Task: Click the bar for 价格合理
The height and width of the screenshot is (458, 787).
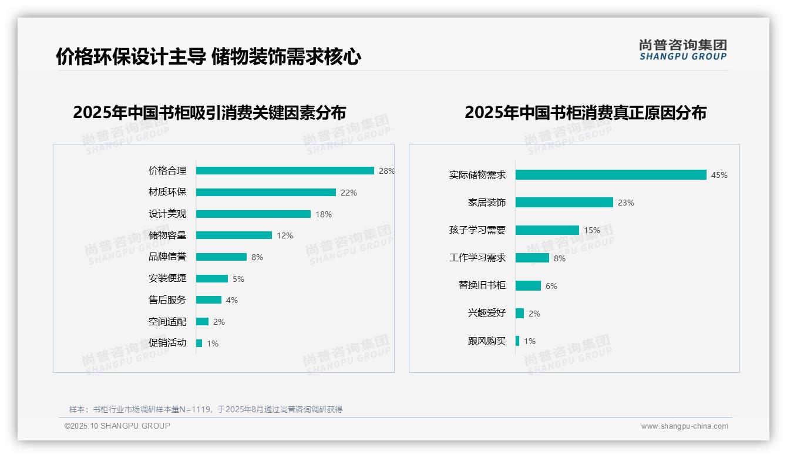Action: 285,171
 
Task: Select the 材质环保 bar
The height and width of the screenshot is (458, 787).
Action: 265,193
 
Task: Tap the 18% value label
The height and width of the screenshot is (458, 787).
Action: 324,214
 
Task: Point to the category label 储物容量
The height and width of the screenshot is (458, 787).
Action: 167,235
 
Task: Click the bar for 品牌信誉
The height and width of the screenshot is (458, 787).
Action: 221,257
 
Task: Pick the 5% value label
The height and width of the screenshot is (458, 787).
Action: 238,279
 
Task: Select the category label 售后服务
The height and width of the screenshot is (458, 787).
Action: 167,300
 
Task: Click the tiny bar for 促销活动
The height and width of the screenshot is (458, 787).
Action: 199,343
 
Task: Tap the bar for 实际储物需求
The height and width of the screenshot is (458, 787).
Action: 611,175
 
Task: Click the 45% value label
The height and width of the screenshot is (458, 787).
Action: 719,175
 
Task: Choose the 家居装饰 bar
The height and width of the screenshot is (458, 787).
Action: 564,203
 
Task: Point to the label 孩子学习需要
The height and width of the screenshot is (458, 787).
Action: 477,230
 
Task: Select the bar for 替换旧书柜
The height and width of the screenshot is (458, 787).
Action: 528,286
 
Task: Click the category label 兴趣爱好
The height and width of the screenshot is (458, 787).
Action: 487,314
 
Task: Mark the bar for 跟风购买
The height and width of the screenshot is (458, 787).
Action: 517,341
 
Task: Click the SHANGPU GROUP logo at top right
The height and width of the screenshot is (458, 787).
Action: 683,49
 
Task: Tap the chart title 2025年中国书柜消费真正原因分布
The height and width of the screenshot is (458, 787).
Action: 586,113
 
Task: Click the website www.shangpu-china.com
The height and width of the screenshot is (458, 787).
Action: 684,426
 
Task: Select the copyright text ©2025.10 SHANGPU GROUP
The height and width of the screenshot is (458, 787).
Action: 117,426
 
